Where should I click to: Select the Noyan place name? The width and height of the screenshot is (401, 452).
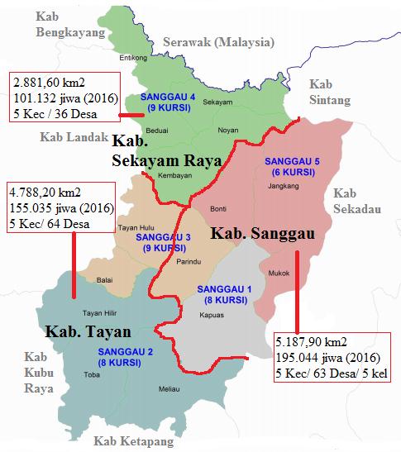[228, 131]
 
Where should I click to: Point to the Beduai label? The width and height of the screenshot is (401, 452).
[156, 131]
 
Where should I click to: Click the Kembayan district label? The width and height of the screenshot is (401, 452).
[175, 177]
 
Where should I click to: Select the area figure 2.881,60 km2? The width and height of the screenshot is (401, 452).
[48, 81]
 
